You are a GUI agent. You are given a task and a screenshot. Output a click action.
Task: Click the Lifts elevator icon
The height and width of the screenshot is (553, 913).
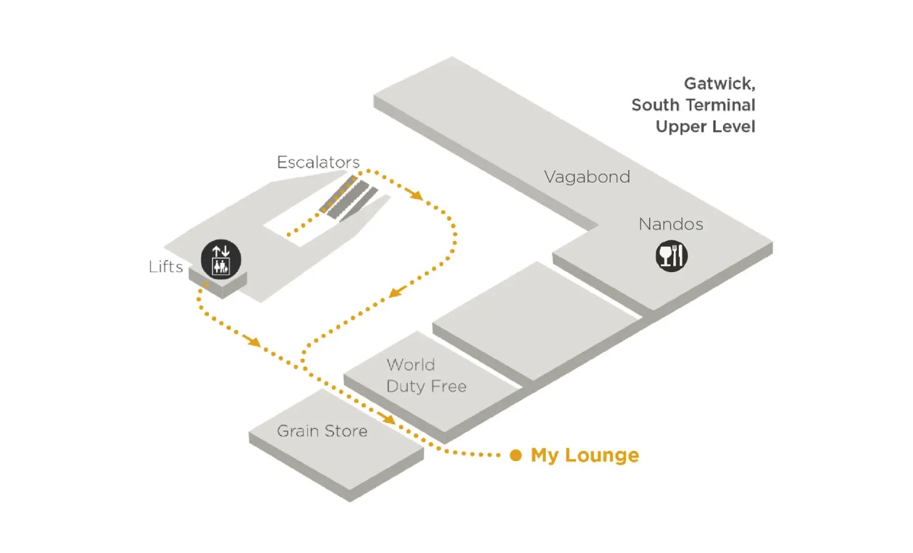click(221, 259)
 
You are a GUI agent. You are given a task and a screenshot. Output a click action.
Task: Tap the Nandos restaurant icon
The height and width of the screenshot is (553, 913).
click(671, 256)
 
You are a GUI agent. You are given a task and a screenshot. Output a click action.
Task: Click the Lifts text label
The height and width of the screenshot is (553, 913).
click(166, 267)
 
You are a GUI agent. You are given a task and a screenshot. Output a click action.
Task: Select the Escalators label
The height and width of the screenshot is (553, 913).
click(318, 162)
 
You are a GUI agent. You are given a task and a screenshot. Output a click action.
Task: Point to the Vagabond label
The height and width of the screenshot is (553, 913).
click(587, 177)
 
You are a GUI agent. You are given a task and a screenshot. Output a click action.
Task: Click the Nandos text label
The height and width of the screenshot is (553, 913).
click(671, 224)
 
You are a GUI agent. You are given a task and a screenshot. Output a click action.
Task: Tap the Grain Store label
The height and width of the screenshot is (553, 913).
click(322, 431)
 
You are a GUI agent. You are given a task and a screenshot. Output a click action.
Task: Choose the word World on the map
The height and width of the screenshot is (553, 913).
click(411, 365)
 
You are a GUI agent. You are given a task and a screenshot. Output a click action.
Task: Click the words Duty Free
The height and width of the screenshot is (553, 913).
click(427, 386)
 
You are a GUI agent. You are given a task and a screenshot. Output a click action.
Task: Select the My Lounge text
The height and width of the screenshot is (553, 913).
click(585, 455)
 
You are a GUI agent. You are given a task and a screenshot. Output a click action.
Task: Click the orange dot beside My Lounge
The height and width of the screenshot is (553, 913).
click(516, 455)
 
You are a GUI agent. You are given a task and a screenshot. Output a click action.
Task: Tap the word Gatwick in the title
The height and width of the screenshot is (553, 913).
click(719, 83)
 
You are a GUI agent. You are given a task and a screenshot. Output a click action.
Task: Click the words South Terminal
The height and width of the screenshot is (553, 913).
click(693, 105)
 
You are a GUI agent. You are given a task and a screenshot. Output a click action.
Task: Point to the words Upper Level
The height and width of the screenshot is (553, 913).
click(705, 127)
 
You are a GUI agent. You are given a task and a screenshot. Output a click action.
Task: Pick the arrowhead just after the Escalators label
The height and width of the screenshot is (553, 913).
click(416, 195)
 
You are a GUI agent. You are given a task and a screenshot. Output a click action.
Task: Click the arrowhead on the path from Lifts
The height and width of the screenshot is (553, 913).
click(254, 341)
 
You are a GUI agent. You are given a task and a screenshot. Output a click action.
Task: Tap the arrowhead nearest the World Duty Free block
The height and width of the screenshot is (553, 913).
click(387, 418)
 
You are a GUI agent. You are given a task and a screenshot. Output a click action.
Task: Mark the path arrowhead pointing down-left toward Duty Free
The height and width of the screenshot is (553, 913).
click(396, 292)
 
